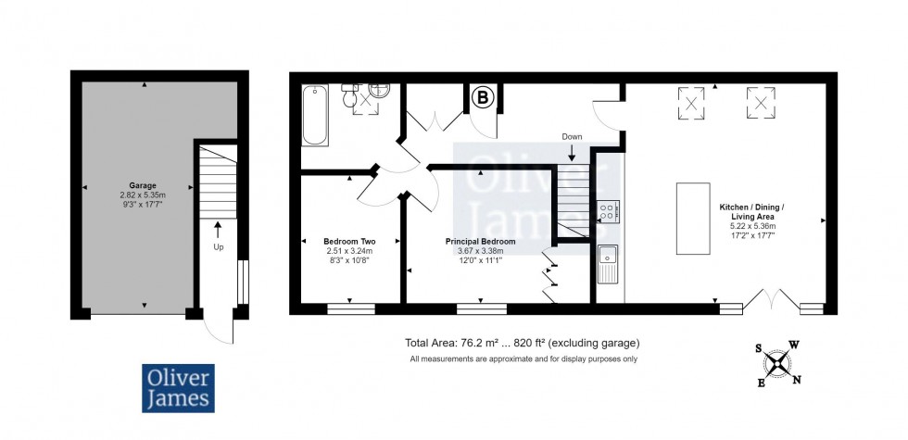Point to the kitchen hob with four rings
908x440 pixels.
click(x=609, y=211)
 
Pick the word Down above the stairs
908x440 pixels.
click(x=572, y=137)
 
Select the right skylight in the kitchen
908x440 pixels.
click(x=761, y=103)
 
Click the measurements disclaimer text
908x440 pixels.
click(x=524, y=359)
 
